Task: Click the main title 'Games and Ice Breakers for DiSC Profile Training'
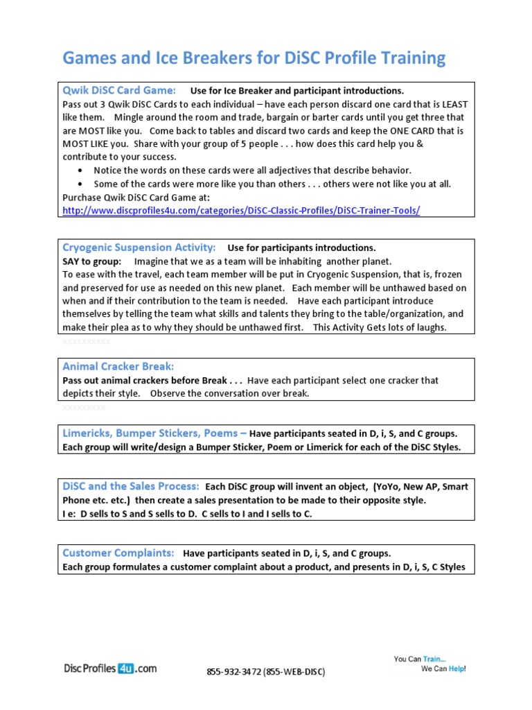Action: coord(254,58)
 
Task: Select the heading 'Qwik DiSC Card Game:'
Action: coord(119,90)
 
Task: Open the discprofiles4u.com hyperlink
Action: coord(241,211)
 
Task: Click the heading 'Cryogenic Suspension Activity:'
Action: coord(139,248)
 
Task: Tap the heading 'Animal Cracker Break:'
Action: coord(118,366)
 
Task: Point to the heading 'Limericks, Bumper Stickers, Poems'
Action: coord(154,433)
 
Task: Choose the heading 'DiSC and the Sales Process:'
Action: coord(131,486)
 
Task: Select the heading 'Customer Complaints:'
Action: coord(118,553)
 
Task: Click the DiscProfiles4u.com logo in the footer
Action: coord(110,668)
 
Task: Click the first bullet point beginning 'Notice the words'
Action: coord(252,171)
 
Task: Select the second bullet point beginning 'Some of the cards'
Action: coord(272,184)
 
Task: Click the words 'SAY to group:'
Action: coord(92,261)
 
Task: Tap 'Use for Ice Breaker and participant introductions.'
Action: coord(296,91)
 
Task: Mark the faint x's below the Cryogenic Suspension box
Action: coord(86,342)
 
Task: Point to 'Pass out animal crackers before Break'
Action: coord(152,380)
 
